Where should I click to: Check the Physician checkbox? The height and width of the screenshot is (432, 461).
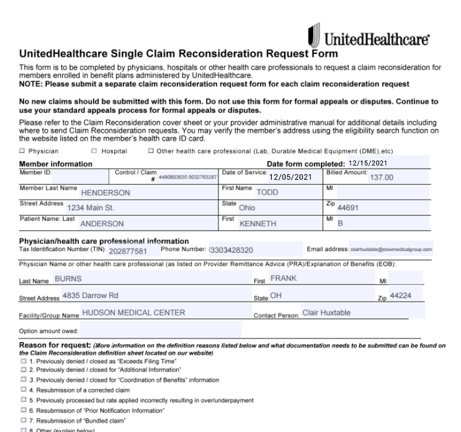pos(22,151)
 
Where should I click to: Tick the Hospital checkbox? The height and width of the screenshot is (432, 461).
pos(94,151)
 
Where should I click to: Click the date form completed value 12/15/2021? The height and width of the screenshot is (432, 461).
pos(372,163)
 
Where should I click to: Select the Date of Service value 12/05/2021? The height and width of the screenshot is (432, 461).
pos(290,177)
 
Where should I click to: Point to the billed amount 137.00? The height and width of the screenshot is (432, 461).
pos(381,177)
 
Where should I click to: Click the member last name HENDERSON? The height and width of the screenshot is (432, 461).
pos(105,193)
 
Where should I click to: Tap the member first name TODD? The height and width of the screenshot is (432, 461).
pos(267,192)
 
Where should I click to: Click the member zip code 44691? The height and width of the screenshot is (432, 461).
pos(347,208)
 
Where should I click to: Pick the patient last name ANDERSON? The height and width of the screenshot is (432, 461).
pos(102,224)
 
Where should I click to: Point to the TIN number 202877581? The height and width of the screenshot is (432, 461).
pos(128,251)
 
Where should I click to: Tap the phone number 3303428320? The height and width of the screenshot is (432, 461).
pos(231,250)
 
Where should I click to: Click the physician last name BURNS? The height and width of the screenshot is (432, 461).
pos(68,279)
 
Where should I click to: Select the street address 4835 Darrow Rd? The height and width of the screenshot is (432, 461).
pos(90,296)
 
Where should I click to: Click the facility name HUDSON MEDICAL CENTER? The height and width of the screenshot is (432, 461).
pos(133,313)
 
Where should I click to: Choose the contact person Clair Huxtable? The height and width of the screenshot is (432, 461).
pos(326,313)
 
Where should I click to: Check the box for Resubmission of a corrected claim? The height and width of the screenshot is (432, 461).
pos(24,390)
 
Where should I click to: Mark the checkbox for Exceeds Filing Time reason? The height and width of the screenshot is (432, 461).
pos(24,361)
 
